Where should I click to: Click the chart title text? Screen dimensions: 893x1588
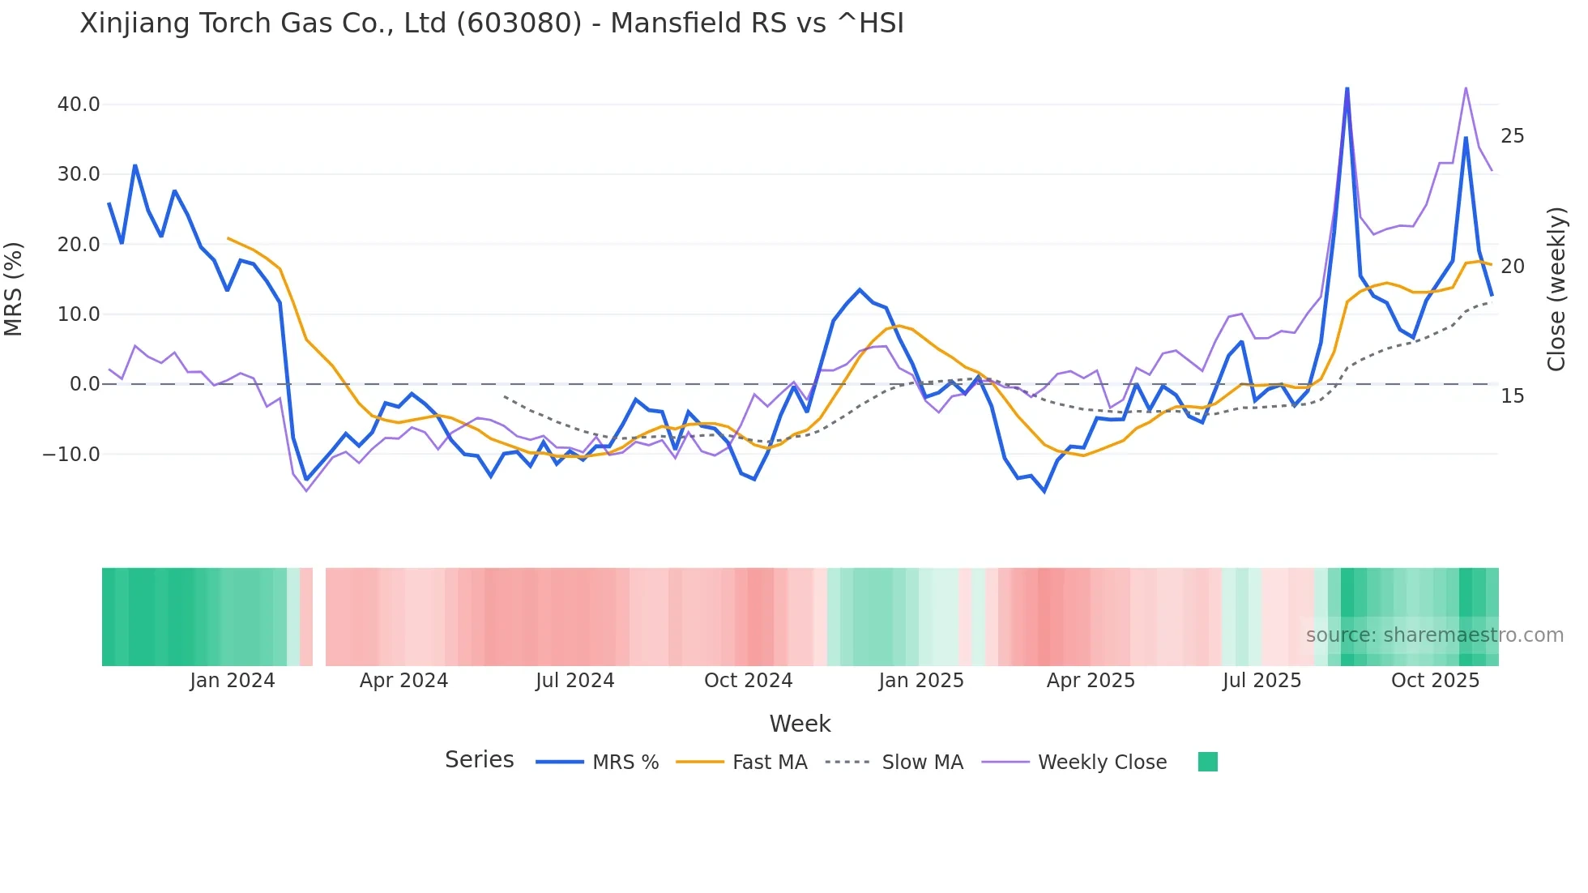[491, 23]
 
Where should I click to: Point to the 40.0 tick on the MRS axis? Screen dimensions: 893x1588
[79, 105]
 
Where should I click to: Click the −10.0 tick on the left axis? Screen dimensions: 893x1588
[71, 455]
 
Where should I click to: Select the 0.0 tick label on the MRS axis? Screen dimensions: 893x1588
[85, 384]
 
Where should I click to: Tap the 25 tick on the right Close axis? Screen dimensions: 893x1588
[1512, 136]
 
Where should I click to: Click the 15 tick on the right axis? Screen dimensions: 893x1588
[1512, 396]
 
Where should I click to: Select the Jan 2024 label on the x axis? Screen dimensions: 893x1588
[233, 681]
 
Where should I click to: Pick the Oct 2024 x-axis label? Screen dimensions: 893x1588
[748, 681]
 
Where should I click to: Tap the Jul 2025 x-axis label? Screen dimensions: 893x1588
[1261, 681]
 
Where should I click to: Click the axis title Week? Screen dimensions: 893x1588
[800, 724]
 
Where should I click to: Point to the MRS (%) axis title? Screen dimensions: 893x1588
[14, 288]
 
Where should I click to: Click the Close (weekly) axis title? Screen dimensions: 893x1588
[1556, 289]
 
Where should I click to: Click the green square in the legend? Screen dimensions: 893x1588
[1207, 762]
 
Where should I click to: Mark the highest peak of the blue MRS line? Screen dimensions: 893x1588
[1347, 88]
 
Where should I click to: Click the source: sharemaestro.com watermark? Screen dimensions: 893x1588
[1434, 635]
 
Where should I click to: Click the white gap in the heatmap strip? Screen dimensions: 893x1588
[319, 617]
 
